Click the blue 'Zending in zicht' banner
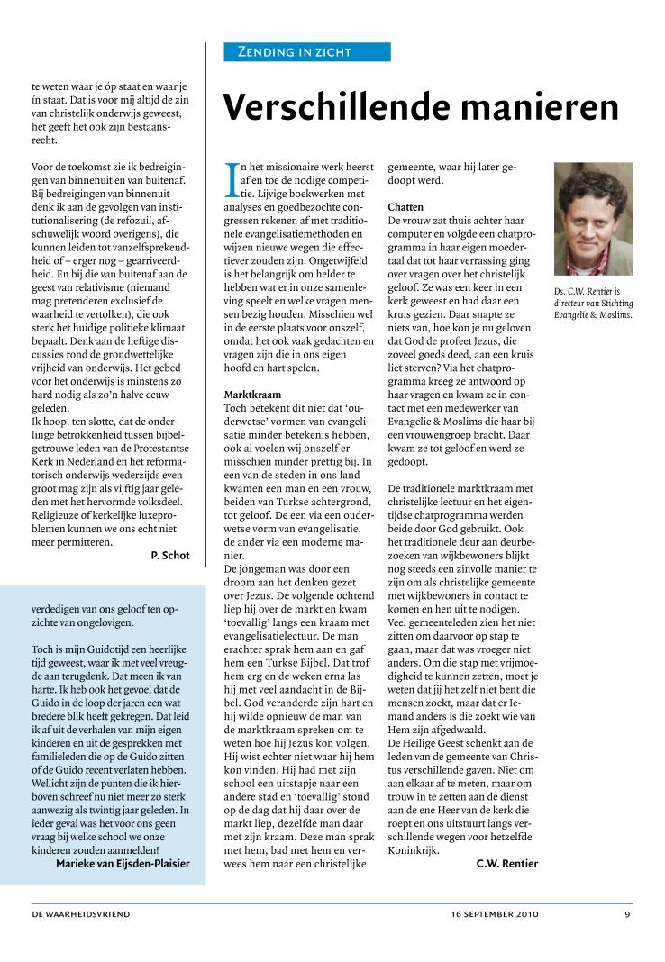306,52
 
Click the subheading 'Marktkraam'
254,395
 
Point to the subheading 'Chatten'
405,207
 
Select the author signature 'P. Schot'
170,556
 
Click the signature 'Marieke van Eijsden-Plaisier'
123,863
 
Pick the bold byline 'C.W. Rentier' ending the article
507,863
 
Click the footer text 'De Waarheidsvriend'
81,914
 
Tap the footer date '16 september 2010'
494,914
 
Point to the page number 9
627,914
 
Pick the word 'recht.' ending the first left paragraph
45,141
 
